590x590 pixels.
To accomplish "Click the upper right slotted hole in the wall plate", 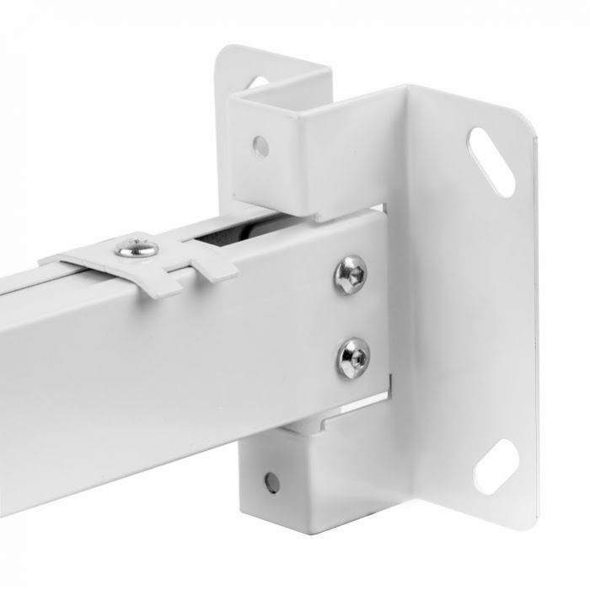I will [493, 162].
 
